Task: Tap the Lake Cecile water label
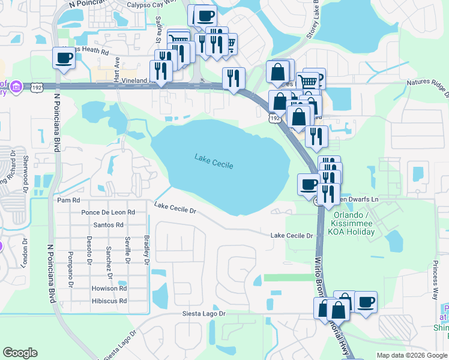[213, 161]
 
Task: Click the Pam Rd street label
[68, 200]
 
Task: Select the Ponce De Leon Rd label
[108, 212]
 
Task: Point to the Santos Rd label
[109, 225]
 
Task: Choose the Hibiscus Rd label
[109, 301]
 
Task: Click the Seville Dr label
[128, 249]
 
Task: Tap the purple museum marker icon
[16, 88]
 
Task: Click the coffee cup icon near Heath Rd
[64, 58]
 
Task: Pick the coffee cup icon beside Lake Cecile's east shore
[309, 184]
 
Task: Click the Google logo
[20, 353]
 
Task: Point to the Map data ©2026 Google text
[412, 355]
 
